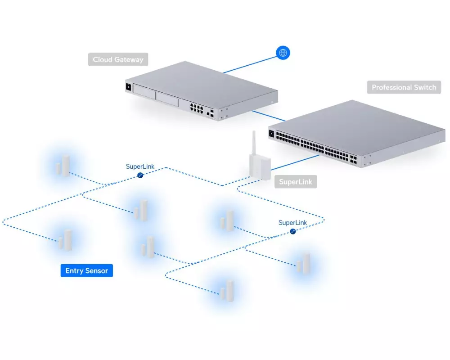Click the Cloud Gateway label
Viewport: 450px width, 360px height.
(118, 59)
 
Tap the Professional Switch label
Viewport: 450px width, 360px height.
(404, 87)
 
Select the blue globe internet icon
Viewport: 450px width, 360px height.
(283, 53)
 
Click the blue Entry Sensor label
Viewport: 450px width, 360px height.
(87, 270)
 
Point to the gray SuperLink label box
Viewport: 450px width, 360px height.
(295, 182)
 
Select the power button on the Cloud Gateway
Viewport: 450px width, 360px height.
(128, 87)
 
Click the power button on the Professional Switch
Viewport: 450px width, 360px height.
(271, 133)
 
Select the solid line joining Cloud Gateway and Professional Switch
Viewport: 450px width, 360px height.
(269, 115)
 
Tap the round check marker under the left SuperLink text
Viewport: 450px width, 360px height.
(140, 175)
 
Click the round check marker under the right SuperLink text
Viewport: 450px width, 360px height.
(293, 231)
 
